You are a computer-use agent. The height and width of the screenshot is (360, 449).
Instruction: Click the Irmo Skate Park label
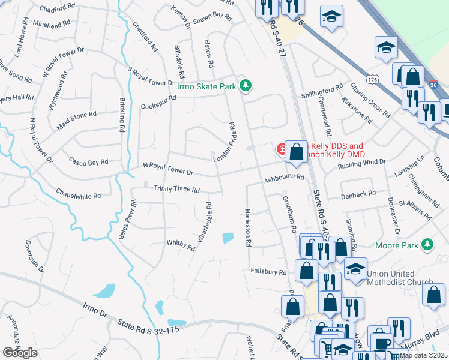[206, 86]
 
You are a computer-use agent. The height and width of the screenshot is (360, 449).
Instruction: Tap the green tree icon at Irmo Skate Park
[245, 86]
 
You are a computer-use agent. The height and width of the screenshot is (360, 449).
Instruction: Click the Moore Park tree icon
[427, 244]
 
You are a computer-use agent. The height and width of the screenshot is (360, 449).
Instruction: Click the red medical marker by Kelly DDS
[280, 148]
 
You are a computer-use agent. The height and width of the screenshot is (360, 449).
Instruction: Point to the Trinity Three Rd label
[176, 189]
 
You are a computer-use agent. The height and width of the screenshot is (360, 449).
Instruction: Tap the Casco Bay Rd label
[88, 161]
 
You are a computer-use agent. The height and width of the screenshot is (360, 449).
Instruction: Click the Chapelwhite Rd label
[79, 195]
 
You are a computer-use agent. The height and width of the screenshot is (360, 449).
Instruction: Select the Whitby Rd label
[181, 246]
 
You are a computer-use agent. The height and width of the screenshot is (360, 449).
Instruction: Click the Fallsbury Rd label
[268, 272]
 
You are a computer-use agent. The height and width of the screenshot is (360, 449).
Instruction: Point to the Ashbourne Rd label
[284, 178]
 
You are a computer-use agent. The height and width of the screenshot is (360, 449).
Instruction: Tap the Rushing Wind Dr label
[361, 163]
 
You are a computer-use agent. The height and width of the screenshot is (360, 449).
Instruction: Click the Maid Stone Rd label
[76, 118]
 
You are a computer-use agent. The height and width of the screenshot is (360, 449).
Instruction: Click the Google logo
[20, 353]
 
